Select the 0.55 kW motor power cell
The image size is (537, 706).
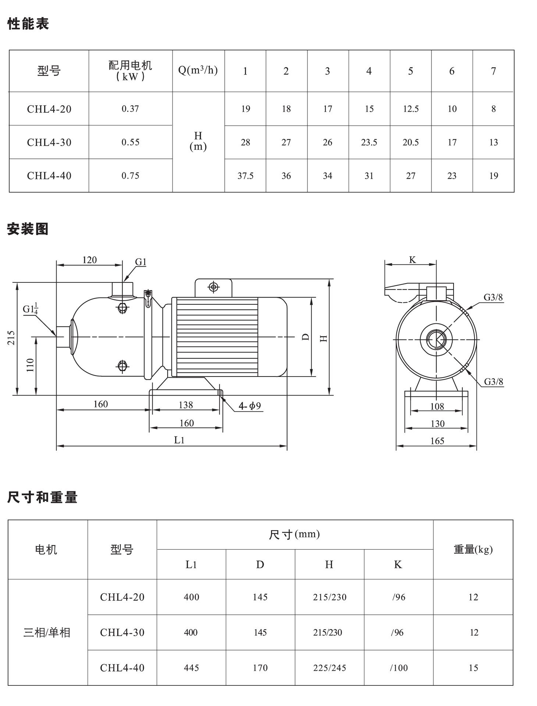(x=131, y=142)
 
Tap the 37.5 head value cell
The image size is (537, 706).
(x=245, y=176)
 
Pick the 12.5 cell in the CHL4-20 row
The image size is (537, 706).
(x=410, y=109)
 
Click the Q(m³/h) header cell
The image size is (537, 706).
(x=198, y=70)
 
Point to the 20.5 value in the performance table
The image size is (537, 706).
(x=410, y=142)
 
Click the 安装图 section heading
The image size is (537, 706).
(x=28, y=229)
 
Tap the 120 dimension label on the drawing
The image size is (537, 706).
(x=89, y=260)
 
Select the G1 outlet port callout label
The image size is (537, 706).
(x=141, y=262)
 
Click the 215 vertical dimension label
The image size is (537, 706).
(x=11, y=338)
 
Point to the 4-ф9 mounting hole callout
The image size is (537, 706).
(x=250, y=406)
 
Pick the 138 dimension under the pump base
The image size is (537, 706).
(x=186, y=405)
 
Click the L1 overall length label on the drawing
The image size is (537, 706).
(x=179, y=440)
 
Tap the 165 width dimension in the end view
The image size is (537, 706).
(x=437, y=441)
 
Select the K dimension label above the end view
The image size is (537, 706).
(x=412, y=260)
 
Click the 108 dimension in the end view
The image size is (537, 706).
(x=437, y=406)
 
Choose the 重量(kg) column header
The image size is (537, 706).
(x=473, y=549)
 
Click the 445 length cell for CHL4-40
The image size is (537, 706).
(x=191, y=668)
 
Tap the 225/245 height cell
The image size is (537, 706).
(x=330, y=668)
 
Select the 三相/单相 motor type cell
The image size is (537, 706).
(x=47, y=632)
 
